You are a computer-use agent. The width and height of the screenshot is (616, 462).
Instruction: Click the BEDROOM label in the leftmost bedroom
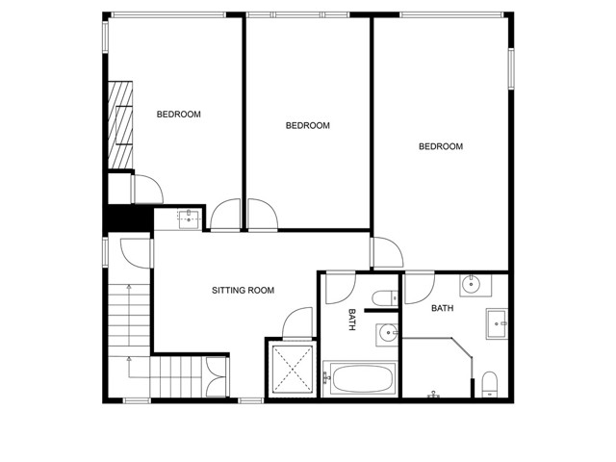coord(179,115)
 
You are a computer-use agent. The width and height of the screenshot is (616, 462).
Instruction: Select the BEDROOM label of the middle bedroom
coord(308,125)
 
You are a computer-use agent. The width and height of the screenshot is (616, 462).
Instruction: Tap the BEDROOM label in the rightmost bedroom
coord(440,146)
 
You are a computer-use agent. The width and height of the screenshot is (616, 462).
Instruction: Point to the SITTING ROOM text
coord(244,290)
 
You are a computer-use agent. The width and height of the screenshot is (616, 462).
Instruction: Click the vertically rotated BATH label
coord(352,320)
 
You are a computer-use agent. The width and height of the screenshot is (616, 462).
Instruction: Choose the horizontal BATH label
coord(443,309)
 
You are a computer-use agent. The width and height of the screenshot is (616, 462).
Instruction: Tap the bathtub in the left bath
coord(359,378)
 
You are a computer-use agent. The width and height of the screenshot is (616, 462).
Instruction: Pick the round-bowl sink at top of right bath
coord(473,284)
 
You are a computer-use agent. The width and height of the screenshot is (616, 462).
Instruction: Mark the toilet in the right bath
coord(489,382)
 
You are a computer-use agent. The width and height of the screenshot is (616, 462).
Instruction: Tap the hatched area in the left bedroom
coord(119,126)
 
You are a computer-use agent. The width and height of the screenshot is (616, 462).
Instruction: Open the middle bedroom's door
coord(262,214)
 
